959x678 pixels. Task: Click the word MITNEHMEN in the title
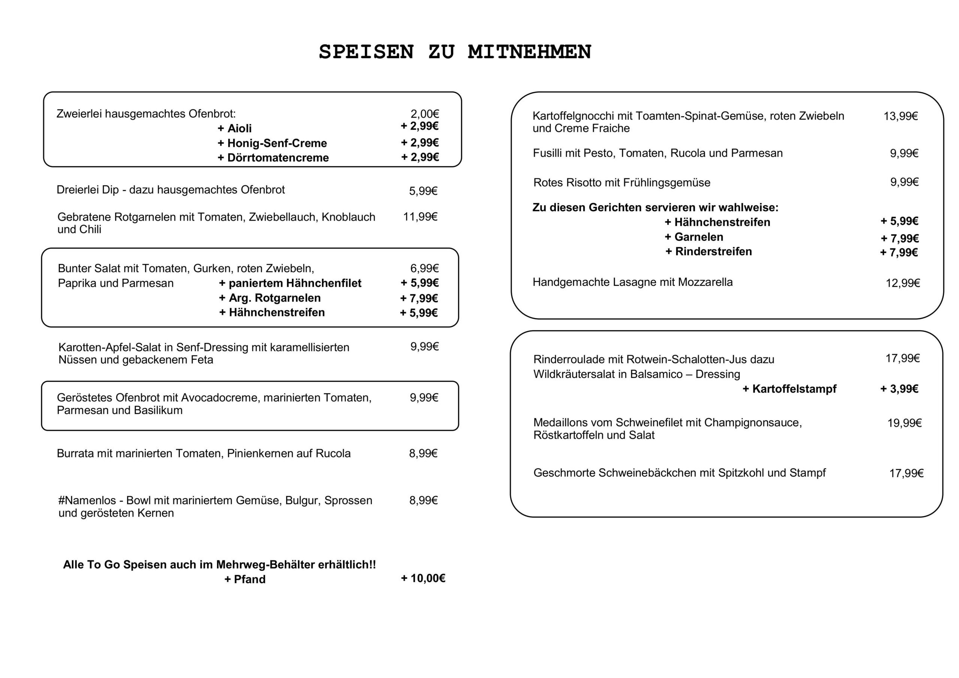pyautogui.click(x=529, y=52)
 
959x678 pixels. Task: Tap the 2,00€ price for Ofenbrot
pyautogui.click(x=424, y=113)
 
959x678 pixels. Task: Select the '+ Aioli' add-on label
pyautogui.click(x=235, y=128)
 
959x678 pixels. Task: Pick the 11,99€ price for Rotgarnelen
pyautogui.click(x=420, y=217)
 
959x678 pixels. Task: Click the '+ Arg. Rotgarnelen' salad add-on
pyautogui.click(x=270, y=298)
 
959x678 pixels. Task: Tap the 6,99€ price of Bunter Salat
pyautogui.click(x=424, y=268)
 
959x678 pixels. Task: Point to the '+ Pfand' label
pyautogui.click(x=245, y=579)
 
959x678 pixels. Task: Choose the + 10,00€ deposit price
pyautogui.click(x=423, y=578)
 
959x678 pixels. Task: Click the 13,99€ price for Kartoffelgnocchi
pyautogui.click(x=901, y=116)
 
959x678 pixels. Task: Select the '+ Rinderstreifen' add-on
pyautogui.click(x=708, y=251)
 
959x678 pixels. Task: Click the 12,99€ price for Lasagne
pyautogui.click(x=902, y=283)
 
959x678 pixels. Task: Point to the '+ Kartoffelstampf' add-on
pyautogui.click(x=789, y=389)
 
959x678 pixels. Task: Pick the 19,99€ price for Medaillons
pyautogui.click(x=904, y=423)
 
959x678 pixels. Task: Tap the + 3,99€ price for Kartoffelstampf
pyautogui.click(x=899, y=389)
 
